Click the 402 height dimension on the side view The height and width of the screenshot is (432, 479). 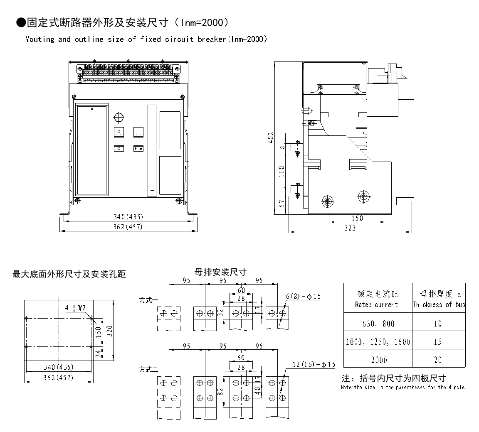pos(271,138)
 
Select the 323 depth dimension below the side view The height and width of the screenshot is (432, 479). pos(350,228)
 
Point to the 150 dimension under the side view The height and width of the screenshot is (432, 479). pos(357,218)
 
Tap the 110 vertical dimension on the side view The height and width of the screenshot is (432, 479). pos(282,171)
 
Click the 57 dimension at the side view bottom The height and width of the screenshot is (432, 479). pos(282,204)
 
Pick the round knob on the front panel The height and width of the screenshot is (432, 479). pos(119,117)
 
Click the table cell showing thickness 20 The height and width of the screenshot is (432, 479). pos(438,360)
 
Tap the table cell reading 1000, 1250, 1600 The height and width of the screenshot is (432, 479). pos(378,341)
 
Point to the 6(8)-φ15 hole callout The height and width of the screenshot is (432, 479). pos(304,296)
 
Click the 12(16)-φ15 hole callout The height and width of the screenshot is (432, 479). pos(314,364)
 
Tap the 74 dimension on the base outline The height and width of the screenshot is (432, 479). pos(98,353)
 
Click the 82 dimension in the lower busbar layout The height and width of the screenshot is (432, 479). pos(221,392)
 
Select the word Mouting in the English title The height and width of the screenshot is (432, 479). pos(40,39)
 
